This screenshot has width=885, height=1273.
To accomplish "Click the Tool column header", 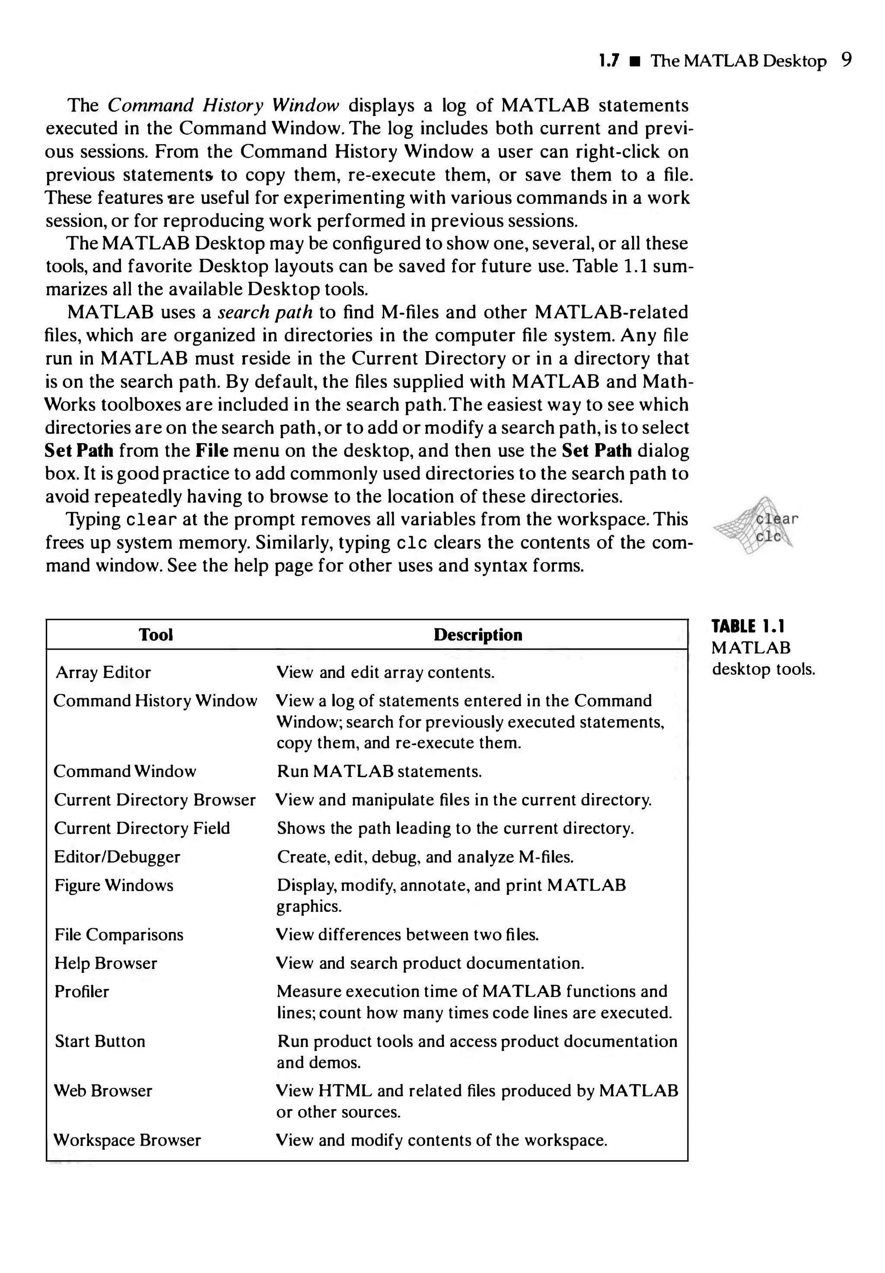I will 156,635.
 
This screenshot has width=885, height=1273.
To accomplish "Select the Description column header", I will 478,635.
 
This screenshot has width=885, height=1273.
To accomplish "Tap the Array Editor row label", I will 103,672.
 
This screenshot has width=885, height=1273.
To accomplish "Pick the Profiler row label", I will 82,991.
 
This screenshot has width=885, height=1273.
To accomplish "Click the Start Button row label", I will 100,1041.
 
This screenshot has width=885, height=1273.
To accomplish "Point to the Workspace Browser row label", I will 127,1140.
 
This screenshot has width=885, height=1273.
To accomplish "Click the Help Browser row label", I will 105,963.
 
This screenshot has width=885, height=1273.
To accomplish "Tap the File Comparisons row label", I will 119,934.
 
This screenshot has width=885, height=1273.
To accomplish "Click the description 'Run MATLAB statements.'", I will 379,771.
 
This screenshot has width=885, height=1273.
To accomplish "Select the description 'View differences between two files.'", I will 407,934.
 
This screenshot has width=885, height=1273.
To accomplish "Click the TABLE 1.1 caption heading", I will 748,627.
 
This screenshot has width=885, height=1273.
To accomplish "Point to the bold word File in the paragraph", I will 212,451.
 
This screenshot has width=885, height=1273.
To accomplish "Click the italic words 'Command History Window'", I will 223,105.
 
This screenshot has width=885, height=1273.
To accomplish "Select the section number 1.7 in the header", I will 609,60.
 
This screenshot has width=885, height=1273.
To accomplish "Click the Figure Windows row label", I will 114,885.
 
